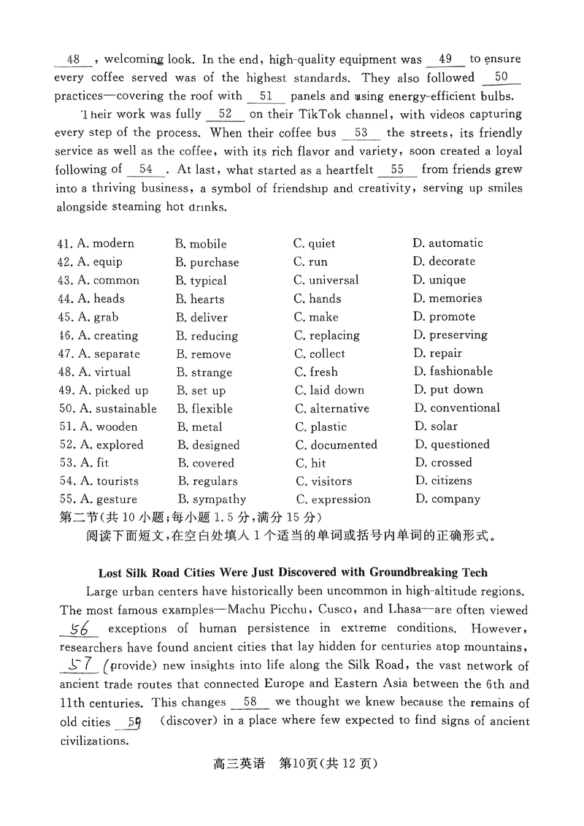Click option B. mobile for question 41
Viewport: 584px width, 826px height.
(201, 244)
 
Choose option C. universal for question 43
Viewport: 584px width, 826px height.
(326, 280)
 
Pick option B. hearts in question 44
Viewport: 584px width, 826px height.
(200, 299)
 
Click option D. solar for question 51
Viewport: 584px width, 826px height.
(436, 427)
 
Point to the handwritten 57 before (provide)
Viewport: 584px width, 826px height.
(81, 665)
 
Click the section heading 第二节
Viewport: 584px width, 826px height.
(76, 518)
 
